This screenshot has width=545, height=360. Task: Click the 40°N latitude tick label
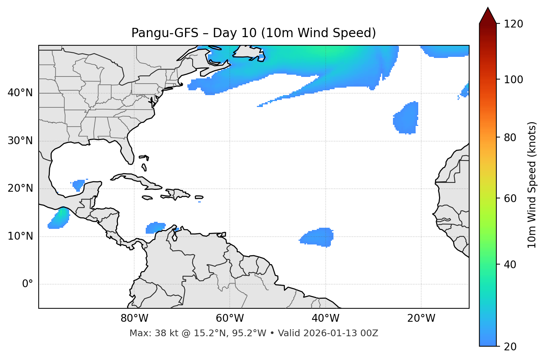(20, 93)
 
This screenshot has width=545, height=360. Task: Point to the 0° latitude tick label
(28, 284)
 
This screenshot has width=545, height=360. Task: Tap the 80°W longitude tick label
(134, 318)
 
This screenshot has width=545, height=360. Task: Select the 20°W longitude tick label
(421, 318)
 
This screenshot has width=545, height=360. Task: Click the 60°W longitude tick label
(230, 318)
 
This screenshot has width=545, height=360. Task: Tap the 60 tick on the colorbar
(512, 198)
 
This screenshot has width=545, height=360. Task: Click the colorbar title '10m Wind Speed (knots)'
(532, 185)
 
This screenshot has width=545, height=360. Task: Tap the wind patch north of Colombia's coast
(155, 227)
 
